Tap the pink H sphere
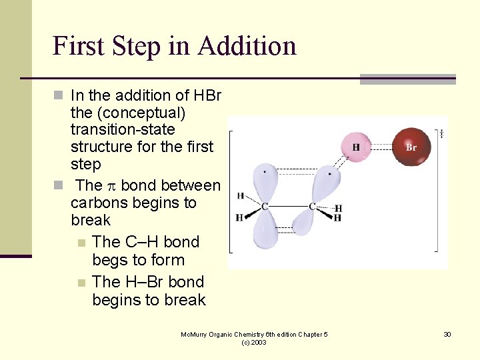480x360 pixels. pos(357,147)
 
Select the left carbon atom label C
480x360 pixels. pos(265,207)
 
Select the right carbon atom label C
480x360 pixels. pos(312,207)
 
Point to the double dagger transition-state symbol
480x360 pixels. pos(441,134)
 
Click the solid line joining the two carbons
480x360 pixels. pos(288,207)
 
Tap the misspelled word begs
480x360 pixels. pos(111,261)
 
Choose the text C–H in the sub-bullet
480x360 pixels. pos(142,242)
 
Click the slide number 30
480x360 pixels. pos(447,334)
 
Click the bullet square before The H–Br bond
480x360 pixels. pos(81,283)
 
